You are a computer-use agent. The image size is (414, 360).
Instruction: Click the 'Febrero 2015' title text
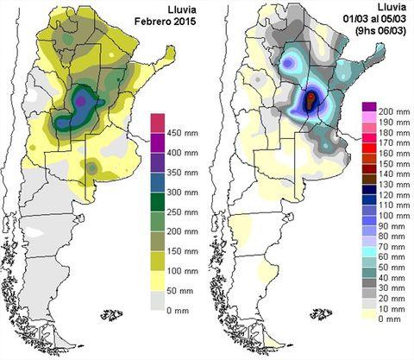(x=166, y=22)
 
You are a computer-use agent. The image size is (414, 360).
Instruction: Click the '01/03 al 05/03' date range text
(x=374, y=19)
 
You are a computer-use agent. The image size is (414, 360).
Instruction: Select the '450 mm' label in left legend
(x=183, y=133)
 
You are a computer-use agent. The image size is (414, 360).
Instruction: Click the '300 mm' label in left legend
(x=183, y=193)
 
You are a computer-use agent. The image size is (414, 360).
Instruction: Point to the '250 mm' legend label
(x=183, y=212)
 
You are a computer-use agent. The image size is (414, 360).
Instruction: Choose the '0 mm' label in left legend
(x=178, y=311)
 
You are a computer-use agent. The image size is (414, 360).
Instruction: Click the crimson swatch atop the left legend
(x=158, y=123)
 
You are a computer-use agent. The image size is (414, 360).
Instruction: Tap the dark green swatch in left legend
(x=158, y=202)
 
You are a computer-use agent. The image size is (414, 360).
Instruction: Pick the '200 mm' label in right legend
(x=394, y=112)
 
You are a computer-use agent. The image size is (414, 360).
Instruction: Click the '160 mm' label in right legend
(x=394, y=154)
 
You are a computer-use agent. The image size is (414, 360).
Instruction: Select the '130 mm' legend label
(x=394, y=185)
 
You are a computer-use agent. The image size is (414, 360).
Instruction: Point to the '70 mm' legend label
(x=392, y=247)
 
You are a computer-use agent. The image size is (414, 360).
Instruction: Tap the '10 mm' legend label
(x=392, y=309)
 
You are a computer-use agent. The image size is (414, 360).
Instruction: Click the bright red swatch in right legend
(x=369, y=148)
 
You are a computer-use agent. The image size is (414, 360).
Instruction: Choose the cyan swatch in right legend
(x=369, y=252)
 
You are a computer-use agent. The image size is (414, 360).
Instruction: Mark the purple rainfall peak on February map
(x=81, y=100)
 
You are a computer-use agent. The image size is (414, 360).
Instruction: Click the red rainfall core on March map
(x=310, y=98)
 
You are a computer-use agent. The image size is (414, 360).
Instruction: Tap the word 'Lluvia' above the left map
(x=182, y=9)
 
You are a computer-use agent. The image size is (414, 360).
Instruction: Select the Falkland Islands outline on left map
(x=111, y=314)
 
